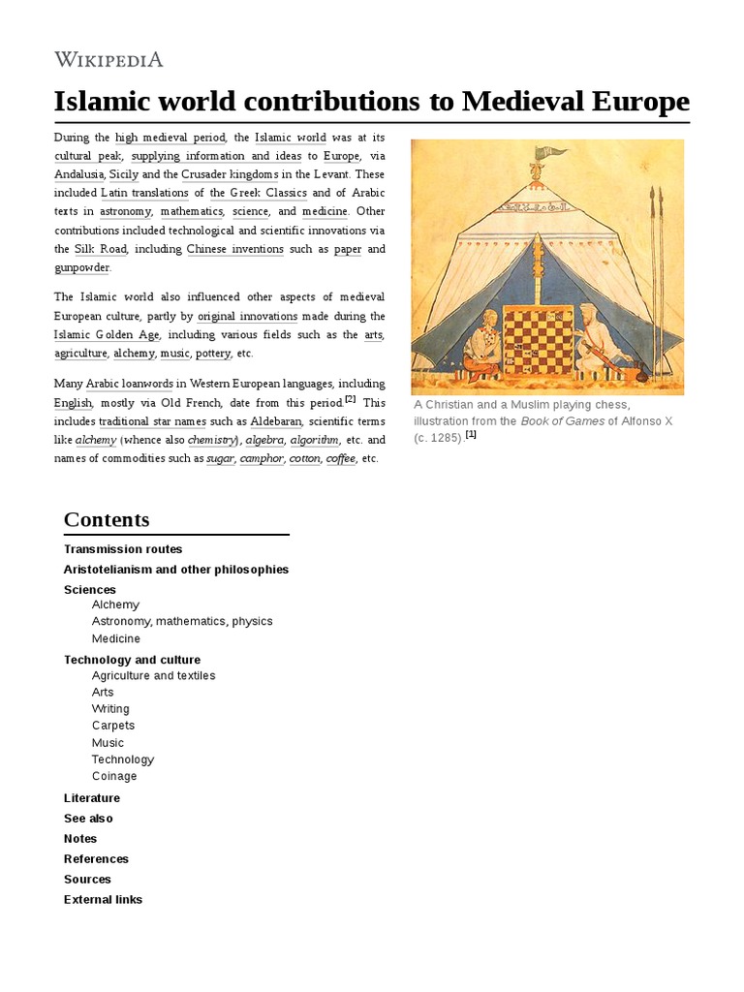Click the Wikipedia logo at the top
coord(108,59)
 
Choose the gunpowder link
coord(81,267)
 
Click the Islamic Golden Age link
coord(107,334)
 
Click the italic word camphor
coord(261,458)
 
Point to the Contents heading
coord(107,519)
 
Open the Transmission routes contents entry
coord(123,549)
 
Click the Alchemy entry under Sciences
coord(115,604)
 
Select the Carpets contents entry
coord(113,726)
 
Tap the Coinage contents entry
coord(114,776)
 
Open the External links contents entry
coord(103,899)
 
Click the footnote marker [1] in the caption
coord(471,435)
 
